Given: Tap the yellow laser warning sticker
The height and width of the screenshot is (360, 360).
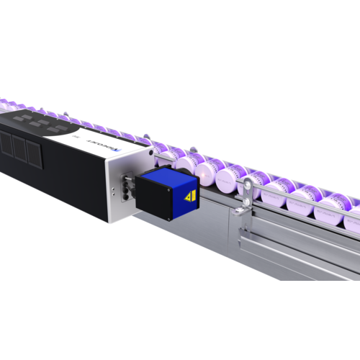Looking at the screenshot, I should (189, 197).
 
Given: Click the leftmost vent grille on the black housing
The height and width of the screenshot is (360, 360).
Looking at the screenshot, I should (5, 145).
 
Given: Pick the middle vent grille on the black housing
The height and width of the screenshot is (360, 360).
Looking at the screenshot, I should (17, 149).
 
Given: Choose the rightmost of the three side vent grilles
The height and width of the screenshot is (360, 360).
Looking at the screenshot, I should (33, 154).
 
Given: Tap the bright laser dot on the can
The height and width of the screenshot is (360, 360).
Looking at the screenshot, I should (207, 172).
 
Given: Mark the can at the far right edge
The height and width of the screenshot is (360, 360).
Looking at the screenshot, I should (351, 220).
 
